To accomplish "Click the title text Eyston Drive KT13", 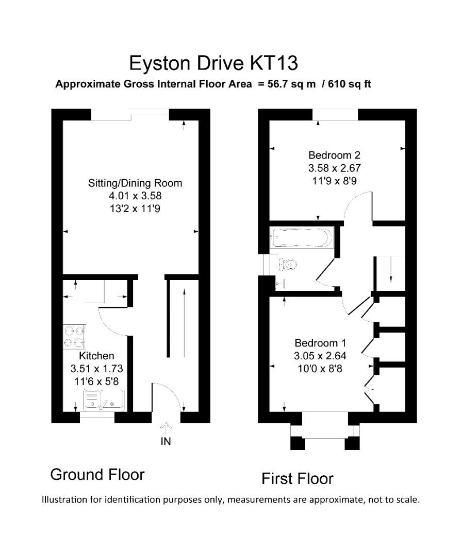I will tap(213, 63).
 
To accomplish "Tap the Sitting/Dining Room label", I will tap(135, 183).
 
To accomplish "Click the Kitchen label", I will tap(96, 356).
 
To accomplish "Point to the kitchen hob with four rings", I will tap(74, 337).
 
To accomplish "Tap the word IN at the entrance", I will tap(166, 441).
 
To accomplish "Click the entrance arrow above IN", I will tap(166, 427).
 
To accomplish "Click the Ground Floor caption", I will tap(97, 474).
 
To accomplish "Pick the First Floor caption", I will tap(298, 479).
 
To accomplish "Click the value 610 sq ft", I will tap(350, 84).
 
